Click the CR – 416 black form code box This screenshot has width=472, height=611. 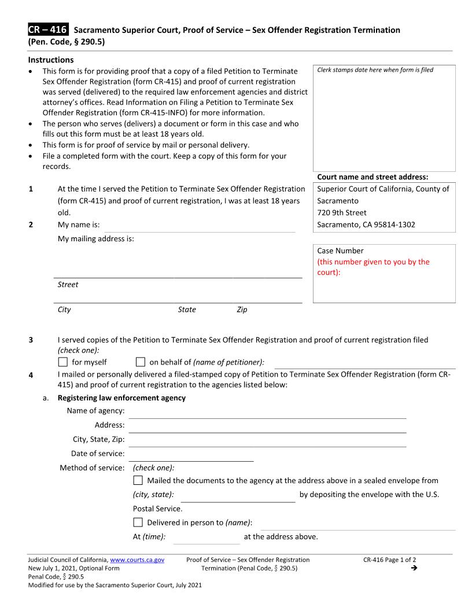point(48,29)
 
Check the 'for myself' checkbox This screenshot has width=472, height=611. point(63,362)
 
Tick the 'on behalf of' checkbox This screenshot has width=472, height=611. point(141,362)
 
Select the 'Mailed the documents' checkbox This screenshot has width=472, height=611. point(138,480)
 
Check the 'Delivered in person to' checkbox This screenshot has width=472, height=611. point(138,522)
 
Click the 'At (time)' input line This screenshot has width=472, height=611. point(206,538)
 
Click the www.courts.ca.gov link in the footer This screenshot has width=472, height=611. point(137,560)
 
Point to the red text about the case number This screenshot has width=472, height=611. point(373,267)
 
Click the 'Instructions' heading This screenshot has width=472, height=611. point(51,60)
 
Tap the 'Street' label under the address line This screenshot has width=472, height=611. point(68,285)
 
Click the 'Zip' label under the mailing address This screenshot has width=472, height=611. point(242,310)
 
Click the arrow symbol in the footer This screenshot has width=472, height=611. point(413,568)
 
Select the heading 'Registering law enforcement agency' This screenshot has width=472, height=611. point(121,397)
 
